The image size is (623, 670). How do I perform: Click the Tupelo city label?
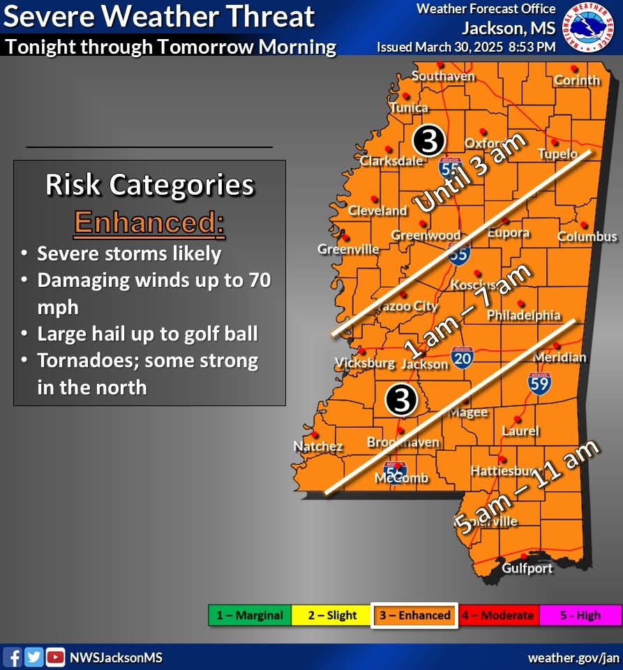coord(557,154)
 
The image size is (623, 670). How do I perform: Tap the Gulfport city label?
coord(527,568)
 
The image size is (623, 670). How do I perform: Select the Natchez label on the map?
coord(317,447)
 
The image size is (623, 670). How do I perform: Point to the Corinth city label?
coord(577,80)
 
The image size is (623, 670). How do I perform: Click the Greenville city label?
coord(348,249)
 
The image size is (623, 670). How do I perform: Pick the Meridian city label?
coord(560,357)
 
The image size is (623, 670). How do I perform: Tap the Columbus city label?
coord(587,237)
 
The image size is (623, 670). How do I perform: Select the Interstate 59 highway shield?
coord(539,382)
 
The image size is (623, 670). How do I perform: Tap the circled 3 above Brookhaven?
coord(401,399)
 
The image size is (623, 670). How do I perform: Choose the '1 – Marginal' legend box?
coord(250,616)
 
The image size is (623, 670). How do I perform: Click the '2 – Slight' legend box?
coord(332,616)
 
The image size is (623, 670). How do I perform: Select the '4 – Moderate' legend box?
coord(498,616)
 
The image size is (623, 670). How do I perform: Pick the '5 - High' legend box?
coord(580,616)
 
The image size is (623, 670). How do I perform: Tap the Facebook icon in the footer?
coord(13,657)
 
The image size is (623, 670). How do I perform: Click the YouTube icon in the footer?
coord(55,657)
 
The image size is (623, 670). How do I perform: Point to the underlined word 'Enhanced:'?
coord(149,223)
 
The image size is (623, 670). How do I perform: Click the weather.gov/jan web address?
coord(573,657)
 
